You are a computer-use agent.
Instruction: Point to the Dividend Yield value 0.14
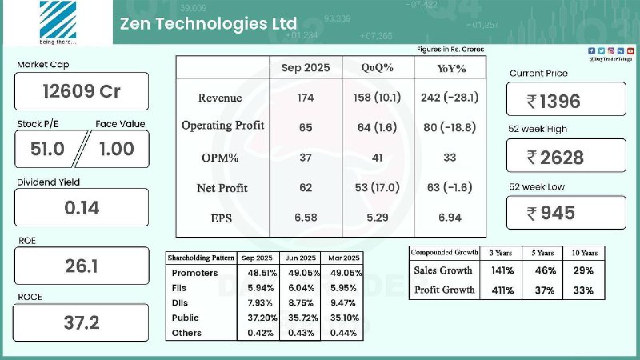82,208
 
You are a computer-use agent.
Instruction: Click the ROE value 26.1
82,266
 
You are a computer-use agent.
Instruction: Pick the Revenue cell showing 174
305,98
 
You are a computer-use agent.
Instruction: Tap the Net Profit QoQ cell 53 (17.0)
376,188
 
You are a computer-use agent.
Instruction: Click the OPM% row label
222,158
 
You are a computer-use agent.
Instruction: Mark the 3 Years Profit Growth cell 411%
501,290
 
